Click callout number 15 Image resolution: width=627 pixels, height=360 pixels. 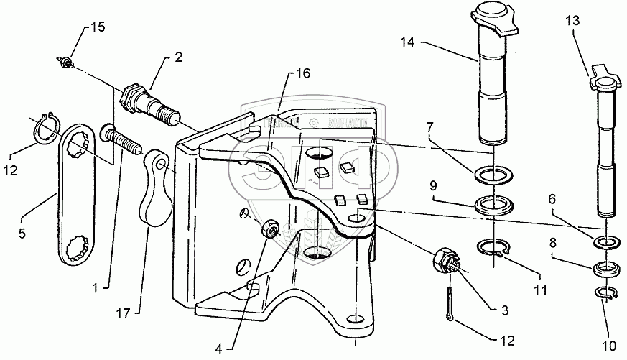[97, 27]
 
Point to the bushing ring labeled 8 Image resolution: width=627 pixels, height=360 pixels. [605, 270]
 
